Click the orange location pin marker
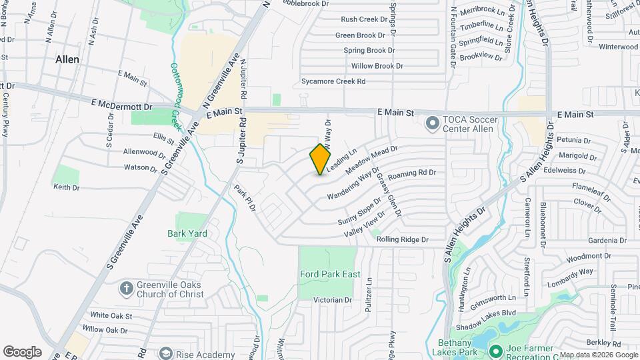[x=321, y=159]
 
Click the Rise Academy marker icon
[x=165, y=354]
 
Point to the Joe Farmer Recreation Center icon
[x=495, y=350]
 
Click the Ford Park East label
[x=330, y=274]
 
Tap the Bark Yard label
[x=187, y=233]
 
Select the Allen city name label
[x=67, y=59]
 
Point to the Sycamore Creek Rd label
[x=333, y=81]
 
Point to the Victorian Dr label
[x=332, y=300]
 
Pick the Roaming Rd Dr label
[x=411, y=173]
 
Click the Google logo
[x=23, y=351]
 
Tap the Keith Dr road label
[x=66, y=187]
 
